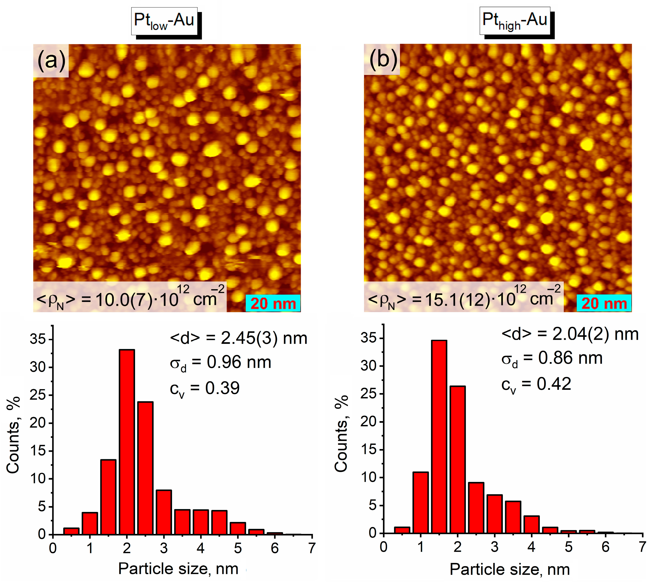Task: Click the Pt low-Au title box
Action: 164,21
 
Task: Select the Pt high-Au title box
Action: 514,21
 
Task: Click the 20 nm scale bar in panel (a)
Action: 273,303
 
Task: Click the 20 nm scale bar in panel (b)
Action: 604,303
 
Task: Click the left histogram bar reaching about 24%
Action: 145,469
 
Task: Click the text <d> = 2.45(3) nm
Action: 238,339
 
